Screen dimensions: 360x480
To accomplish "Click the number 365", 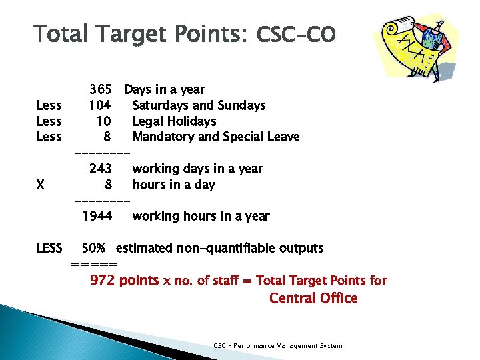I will (x=101, y=89).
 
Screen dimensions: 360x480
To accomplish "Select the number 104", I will (x=99, y=105).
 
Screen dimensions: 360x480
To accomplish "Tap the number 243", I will (x=101, y=169).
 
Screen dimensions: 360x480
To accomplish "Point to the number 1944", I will (x=97, y=216).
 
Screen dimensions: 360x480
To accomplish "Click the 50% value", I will (x=93, y=249).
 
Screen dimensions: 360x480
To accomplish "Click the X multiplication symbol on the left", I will (x=41, y=185).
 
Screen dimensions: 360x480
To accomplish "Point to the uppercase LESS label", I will (x=49, y=249).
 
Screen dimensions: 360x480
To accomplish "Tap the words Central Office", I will (x=313, y=298).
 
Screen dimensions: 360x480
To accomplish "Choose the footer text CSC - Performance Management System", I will (x=277, y=345).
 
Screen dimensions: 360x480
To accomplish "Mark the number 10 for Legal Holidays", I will (x=103, y=121).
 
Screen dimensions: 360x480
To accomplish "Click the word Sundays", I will (x=243, y=105).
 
